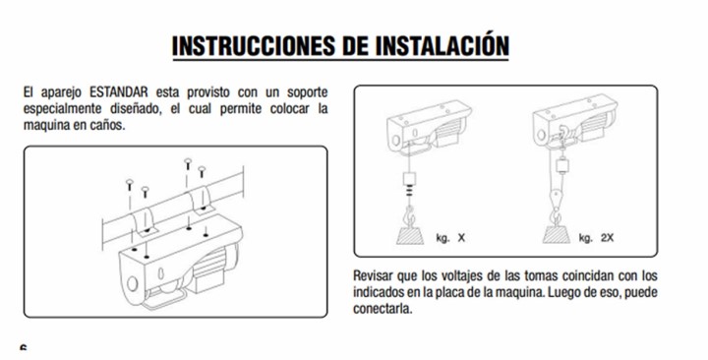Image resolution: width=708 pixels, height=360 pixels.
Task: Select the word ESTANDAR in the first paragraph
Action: click(119, 92)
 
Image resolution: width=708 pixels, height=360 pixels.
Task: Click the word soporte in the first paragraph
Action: click(308, 93)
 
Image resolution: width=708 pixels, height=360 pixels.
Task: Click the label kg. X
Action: click(450, 238)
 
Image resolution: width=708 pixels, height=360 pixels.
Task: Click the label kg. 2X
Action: click(597, 238)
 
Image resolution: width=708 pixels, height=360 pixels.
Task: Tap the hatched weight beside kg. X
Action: click(410, 235)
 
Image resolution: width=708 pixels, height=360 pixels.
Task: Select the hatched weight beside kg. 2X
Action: click(557, 235)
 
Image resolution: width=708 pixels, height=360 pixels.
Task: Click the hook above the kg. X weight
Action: click(410, 215)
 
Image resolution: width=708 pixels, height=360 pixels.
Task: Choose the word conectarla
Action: click(383, 309)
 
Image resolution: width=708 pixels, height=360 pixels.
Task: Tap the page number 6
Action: click(23, 348)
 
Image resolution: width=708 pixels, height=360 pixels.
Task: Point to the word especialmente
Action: click(62, 110)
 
